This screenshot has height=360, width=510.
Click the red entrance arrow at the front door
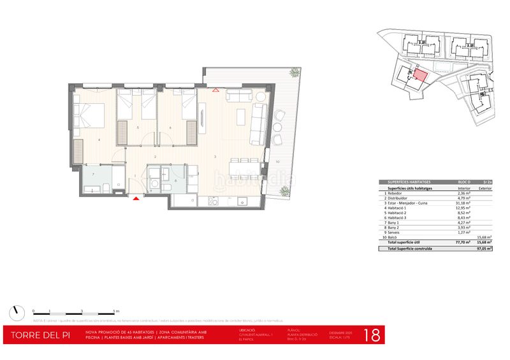[x=135, y=199]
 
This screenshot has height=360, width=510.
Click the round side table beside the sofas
[x=261, y=97]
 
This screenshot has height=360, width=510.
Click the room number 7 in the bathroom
[x=93, y=174]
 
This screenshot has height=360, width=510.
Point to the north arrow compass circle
[x=16, y=312]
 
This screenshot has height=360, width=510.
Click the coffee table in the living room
[x=241, y=117]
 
